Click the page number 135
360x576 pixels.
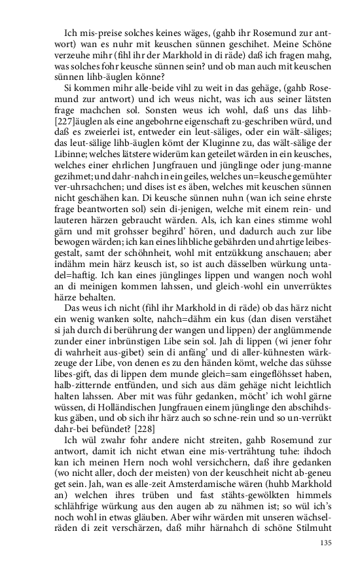coord(325,543)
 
